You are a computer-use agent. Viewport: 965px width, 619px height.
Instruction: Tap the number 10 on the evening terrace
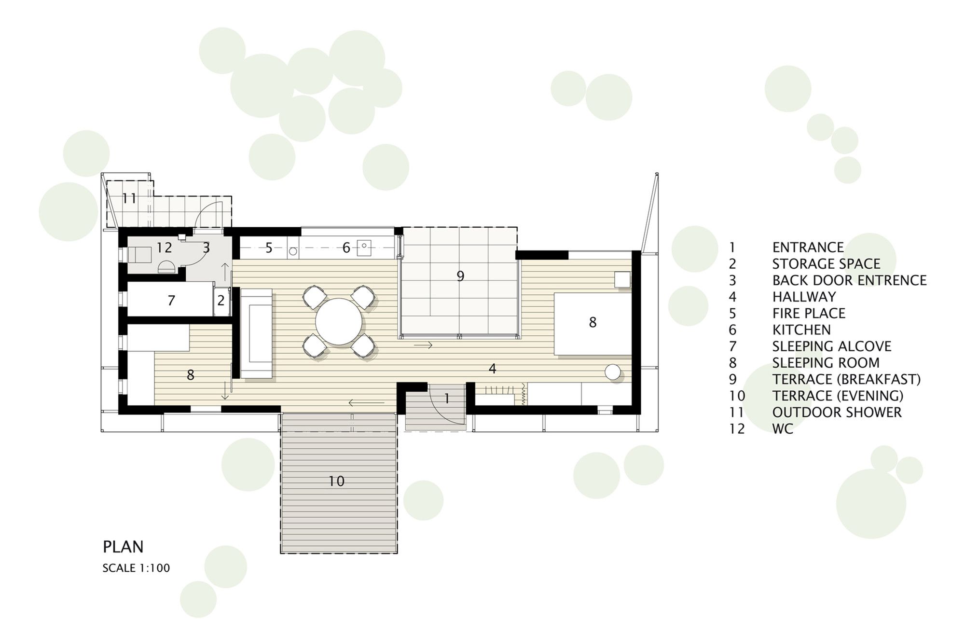point(336,481)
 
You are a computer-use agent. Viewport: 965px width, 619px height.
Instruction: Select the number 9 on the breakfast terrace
point(460,276)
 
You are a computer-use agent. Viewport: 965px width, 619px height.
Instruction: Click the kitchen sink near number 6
point(363,248)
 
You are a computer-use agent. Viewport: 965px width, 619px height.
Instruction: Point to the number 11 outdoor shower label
point(129,198)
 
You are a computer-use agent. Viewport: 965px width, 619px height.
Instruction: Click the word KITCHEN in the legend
point(801,330)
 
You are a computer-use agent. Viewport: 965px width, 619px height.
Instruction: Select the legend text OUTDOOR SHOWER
point(837,413)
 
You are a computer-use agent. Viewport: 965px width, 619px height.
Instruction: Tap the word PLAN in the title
point(123,547)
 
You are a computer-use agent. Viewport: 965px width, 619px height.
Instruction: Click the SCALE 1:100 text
point(136,568)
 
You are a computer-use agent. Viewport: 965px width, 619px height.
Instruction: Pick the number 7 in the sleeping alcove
point(171,301)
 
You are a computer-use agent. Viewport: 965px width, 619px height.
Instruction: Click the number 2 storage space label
point(221,301)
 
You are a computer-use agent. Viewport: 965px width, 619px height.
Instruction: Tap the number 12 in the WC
point(164,248)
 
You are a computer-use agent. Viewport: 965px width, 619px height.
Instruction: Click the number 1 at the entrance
point(447,399)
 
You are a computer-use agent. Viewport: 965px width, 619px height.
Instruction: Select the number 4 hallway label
point(492,369)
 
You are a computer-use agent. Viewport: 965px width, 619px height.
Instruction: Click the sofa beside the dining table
point(257,333)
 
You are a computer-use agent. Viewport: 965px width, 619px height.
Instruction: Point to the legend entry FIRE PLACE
point(809,314)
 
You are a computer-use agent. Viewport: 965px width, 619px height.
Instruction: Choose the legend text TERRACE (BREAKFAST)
point(846,380)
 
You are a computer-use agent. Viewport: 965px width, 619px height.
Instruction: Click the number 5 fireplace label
point(269,248)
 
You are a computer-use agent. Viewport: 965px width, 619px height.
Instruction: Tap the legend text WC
point(783,429)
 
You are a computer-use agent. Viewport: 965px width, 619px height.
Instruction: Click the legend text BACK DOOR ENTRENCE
point(849,280)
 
